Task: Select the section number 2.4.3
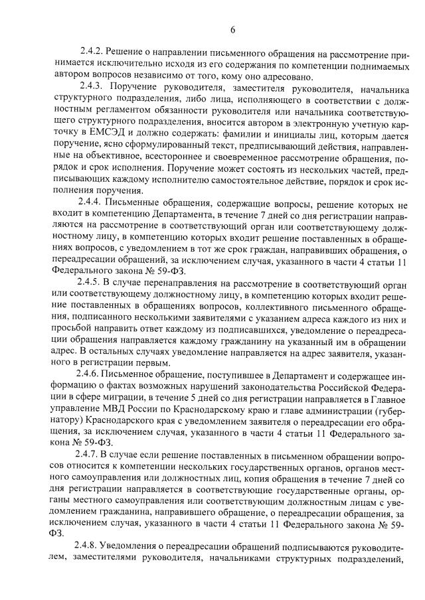(92, 86)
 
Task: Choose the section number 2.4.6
(92, 374)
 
